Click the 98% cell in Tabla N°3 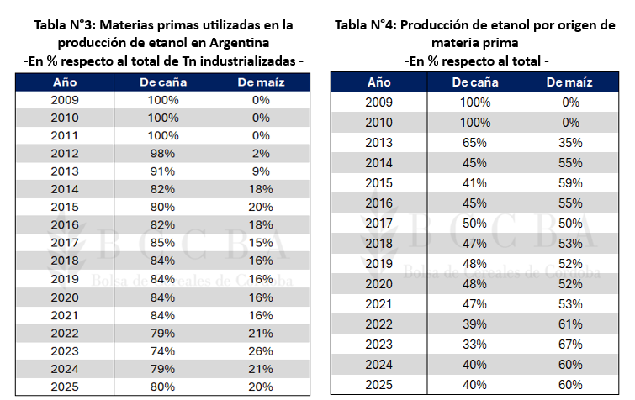pyautogui.click(x=163, y=154)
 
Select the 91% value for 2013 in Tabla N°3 pyautogui.click(x=163, y=171)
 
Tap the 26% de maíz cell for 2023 pyautogui.click(x=260, y=351)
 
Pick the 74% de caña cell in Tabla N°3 pyautogui.click(x=163, y=351)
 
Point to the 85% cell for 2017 pyautogui.click(x=163, y=244)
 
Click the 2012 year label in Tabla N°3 pyautogui.click(x=65, y=154)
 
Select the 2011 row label pyautogui.click(x=65, y=135)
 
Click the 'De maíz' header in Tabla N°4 pyautogui.click(x=569, y=82)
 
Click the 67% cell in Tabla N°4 pyautogui.click(x=570, y=344)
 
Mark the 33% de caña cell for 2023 pyautogui.click(x=475, y=344)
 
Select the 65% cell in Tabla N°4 pyautogui.click(x=475, y=143)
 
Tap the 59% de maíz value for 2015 pyautogui.click(x=570, y=183)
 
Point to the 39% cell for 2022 pyautogui.click(x=475, y=324)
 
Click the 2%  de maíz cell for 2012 pyautogui.click(x=260, y=154)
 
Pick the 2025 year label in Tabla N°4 pyautogui.click(x=378, y=384)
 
